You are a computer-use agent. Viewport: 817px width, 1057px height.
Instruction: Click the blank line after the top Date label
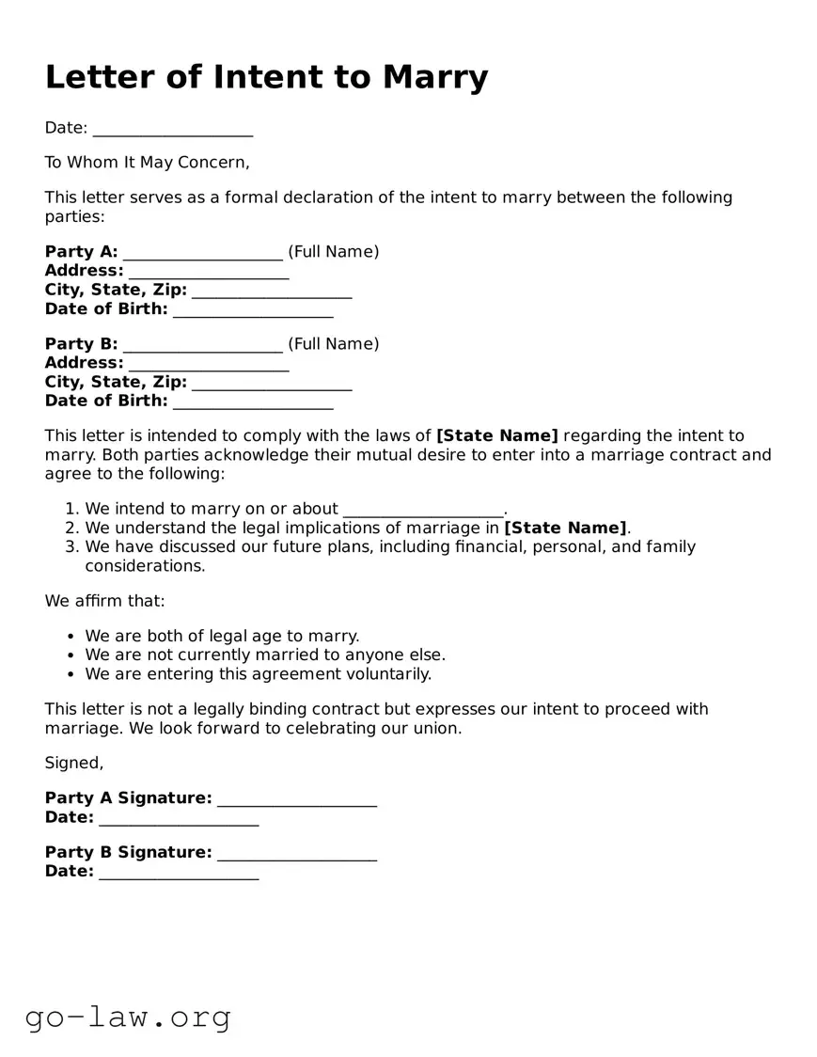click(x=173, y=130)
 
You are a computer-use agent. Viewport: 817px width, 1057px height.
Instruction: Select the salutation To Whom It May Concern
click(x=148, y=163)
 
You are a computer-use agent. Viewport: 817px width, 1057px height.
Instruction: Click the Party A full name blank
click(x=202, y=253)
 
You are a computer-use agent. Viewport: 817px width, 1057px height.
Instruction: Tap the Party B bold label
click(x=82, y=344)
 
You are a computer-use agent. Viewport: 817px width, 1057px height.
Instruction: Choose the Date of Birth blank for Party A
click(x=253, y=310)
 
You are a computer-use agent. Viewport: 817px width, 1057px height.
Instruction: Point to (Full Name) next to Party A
click(x=333, y=252)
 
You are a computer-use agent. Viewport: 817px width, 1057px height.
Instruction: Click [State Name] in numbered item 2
click(x=565, y=528)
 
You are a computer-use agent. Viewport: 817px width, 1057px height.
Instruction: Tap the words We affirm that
click(x=105, y=601)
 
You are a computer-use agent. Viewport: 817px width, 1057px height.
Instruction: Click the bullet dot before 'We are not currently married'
click(x=71, y=655)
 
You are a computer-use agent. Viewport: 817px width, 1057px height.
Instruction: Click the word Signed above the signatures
click(x=73, y=764)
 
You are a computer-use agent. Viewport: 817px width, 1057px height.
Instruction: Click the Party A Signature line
click(x=297, y=799)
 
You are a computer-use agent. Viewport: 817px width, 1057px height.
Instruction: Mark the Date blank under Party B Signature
click(x=179, y=873)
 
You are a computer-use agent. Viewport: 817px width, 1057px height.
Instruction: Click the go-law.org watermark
click(x=128, y=1018)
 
